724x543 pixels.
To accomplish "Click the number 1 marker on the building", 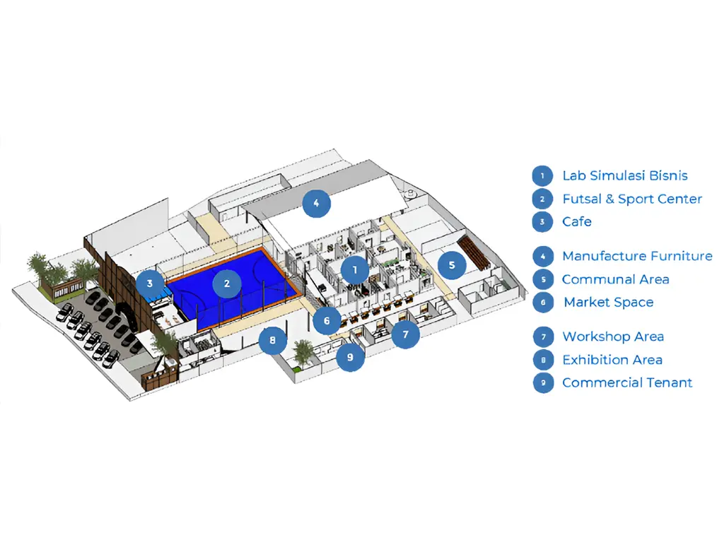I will pos(355,269).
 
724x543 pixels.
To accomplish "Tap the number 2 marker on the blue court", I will pos(227,284).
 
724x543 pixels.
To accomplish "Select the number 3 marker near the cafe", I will pos(150,284).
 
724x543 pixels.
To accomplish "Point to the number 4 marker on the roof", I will pos(316,204).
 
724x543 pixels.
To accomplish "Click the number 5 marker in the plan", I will pos(452,265).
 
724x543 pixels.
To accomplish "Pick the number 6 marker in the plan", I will pos(327,321).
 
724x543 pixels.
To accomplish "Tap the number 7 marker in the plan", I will pos(406,334).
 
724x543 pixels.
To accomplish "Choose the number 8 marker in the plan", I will pos(272,341).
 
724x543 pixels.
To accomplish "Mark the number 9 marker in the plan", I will pos(350,357).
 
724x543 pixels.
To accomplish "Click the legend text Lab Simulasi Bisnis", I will pos(624,175).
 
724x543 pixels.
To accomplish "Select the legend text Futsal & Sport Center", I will pos(632,199).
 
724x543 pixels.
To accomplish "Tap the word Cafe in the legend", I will pos(577,221).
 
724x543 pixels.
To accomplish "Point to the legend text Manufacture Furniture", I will pos(637,256).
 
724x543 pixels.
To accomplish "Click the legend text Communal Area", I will pos(615,279).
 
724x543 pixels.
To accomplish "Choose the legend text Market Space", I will pos(608,302).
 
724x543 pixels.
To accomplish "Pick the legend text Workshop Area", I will pos(613,337).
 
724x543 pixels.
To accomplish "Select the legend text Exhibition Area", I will pos(612,360).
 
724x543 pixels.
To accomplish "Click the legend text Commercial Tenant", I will pos(627,383).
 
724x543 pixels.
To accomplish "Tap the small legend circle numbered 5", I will pos(542,279).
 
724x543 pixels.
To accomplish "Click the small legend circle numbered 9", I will pos(542,383).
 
